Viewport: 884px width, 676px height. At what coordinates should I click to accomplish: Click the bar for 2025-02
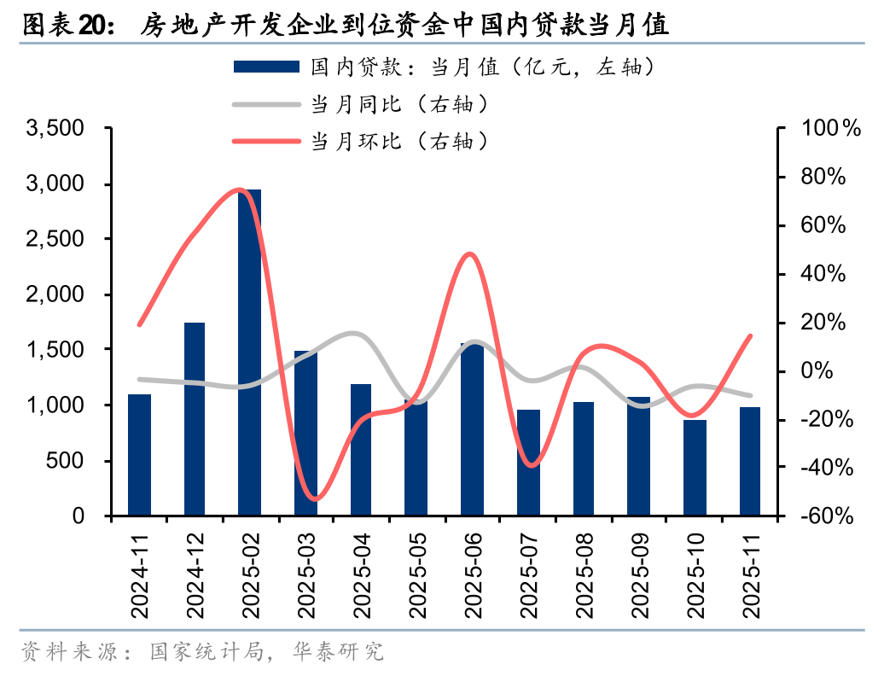click(x=249, y=353)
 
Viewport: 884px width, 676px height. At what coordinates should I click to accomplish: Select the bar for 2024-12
click(x=195, y=419)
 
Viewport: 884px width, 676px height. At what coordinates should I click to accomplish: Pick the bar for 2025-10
click(x=695, y=468)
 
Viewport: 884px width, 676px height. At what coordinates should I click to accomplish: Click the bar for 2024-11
click(x=139, y=455)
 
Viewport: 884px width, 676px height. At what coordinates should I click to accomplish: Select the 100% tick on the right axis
click(x=826, y=129)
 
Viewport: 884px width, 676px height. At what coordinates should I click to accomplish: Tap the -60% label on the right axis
click(x=824, y=516)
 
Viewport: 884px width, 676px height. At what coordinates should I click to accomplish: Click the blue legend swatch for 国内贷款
click(x=265, y=67)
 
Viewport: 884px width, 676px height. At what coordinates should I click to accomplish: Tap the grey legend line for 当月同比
click(x=265, y=104)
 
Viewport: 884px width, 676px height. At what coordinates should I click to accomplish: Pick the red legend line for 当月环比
click(x=265, y=142)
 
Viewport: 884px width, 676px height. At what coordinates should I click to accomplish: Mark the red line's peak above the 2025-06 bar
click(x=469, y=253)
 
